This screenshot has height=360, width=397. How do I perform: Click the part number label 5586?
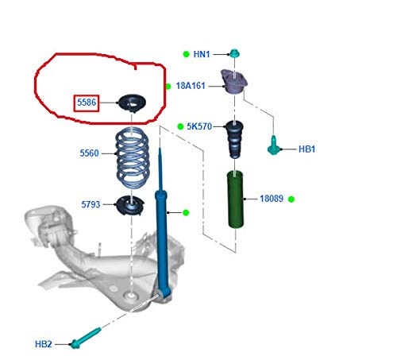87,103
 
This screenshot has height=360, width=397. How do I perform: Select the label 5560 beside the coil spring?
89,153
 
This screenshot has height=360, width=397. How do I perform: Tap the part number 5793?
91,204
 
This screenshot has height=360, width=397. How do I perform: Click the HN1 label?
202,54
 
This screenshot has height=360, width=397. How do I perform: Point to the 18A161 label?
191,86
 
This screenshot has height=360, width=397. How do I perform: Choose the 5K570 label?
199,126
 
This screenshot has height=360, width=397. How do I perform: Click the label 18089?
272,199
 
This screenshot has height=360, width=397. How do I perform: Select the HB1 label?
306,149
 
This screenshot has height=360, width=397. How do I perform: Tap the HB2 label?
44,344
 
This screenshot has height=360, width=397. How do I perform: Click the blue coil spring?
133,157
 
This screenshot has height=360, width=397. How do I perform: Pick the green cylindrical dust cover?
236,199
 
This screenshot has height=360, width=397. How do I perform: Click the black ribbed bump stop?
234,139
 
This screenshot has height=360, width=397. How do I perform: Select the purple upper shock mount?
234,81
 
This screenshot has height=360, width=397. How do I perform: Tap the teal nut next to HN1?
234,53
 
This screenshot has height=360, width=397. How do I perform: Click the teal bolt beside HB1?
273,145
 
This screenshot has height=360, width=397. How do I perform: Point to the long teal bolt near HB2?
86,339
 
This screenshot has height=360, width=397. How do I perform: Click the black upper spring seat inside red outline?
132,103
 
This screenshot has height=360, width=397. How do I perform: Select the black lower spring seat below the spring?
130,205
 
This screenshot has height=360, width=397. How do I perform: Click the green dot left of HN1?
187,54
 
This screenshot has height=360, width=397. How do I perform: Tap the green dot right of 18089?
291,199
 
